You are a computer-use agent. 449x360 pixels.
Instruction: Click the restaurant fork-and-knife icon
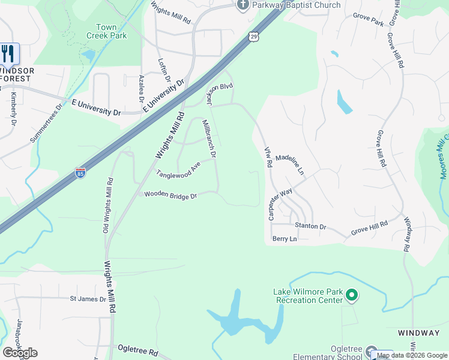tap(8, 54)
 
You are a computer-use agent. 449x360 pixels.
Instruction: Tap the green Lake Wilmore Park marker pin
tap(352, 295)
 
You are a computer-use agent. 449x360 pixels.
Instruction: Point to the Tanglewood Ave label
tap(178, 169)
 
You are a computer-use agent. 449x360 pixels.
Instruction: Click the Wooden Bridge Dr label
tap(170, 196)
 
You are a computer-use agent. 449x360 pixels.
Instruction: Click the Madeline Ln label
tap(291, 162)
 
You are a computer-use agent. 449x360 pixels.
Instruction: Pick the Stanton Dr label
tap(310, 226)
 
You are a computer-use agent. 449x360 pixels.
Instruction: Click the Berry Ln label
tap(285, 239)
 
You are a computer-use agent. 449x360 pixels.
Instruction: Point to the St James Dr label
tap(88, 298)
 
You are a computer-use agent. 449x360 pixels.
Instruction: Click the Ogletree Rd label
tap(137, 351)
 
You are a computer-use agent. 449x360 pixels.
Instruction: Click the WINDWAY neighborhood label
tap(418, 332)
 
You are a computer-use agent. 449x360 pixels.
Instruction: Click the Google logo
tap(20, 352)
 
